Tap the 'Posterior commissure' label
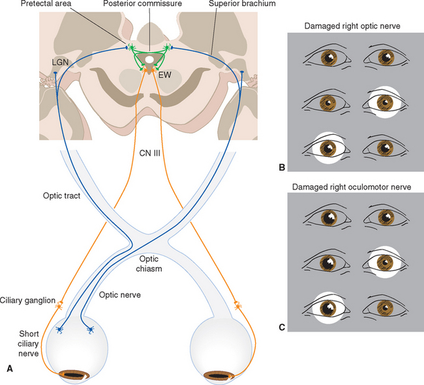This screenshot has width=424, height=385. pyautogui.click(x=149, y=5)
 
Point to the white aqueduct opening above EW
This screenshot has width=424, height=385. pyautogui.click(x=150, y=61)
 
